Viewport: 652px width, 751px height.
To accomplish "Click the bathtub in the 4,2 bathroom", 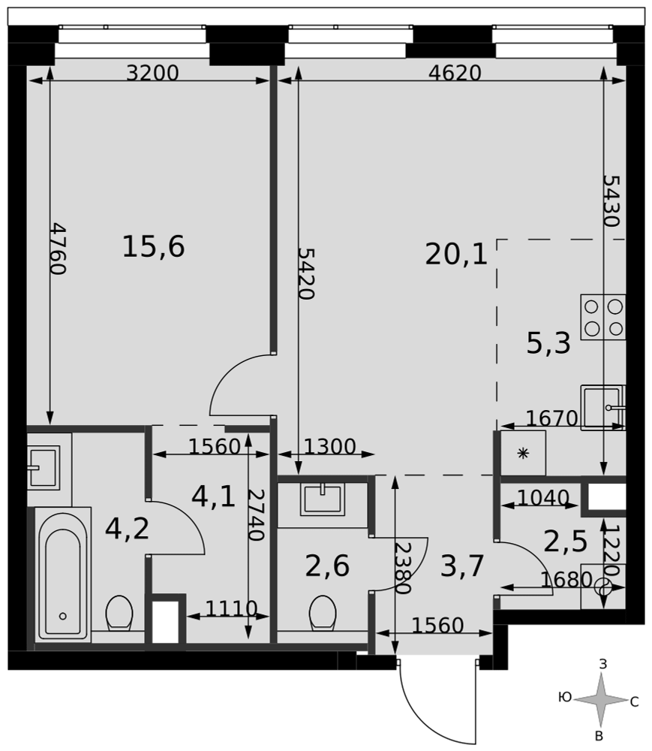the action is click(63, 575).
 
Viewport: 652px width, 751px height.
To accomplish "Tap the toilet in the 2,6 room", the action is click(323, 613).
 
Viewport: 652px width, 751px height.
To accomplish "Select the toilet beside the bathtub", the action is click(119, 613).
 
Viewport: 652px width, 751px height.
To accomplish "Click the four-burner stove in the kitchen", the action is click(602, 317).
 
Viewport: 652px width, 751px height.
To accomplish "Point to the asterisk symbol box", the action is click(523, 453).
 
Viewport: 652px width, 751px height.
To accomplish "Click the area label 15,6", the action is click(154, 246).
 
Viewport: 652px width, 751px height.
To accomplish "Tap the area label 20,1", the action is click(456, 254).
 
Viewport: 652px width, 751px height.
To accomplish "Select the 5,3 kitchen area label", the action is click(548, 343).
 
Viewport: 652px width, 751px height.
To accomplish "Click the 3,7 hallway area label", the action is click(462, 566).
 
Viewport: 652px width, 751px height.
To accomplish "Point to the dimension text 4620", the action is click(455, 73).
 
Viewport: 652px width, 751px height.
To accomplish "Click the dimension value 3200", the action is click(152, 73).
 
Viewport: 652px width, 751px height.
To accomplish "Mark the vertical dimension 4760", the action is click(58, 249).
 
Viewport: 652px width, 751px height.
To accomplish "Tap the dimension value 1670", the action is click(551, 418).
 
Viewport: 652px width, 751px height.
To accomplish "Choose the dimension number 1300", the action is click(330, 447).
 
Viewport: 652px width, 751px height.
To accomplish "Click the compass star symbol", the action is click(600, 700).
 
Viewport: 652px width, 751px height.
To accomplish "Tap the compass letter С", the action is click(634, 702).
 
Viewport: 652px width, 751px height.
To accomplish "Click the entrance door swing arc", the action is click(421, 719).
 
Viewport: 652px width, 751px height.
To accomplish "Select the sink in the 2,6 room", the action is click(323, 499).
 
